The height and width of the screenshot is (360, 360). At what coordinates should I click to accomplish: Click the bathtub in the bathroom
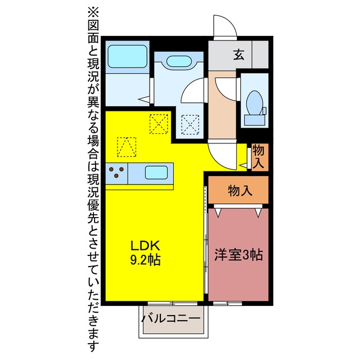click(x=128, y=56)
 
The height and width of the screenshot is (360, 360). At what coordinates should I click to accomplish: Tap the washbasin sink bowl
click(x=179, y=61)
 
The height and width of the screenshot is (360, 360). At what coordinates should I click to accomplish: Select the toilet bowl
click(x=255, y=102)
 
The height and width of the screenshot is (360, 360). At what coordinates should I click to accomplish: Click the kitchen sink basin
click(x=156, y=173)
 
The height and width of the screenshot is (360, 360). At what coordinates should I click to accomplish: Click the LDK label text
click(x=145, y=246)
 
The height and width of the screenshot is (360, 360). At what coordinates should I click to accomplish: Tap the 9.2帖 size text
click(x=145, y=260)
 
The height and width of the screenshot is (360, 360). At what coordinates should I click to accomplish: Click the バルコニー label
click(x=171, y=318)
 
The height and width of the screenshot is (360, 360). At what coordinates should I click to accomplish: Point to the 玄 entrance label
click(x=238, y=55)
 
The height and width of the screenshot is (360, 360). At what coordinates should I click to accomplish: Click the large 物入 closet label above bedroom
click(x=240, y=190)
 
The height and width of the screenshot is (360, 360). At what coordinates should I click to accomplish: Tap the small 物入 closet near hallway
click(x=258, y=157)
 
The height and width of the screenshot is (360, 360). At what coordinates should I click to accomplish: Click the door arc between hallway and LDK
click(x=220, y=159)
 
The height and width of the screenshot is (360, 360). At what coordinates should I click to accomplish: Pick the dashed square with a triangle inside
click(x=127, y=147)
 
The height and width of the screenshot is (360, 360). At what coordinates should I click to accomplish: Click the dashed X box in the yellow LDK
click(x=159, y=124)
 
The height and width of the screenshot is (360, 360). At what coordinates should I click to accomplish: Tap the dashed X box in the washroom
click(x=190, y=125)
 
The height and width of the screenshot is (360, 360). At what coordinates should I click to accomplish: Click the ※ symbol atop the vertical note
click(x=93, y=13)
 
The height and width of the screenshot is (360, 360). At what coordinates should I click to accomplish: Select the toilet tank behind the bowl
click(x=255, y=120)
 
